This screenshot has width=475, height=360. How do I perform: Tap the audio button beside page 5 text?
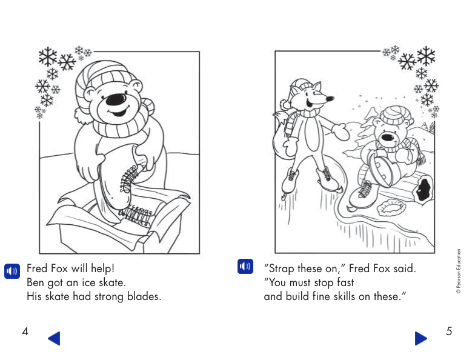point(245,266)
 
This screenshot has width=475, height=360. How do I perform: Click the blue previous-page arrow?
point(54,338)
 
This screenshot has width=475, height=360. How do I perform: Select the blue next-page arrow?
point(421,338)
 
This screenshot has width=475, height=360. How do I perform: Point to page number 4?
point(25,331)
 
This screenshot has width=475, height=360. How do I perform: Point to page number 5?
point(449,331)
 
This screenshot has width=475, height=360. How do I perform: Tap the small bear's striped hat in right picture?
point(394,114)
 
